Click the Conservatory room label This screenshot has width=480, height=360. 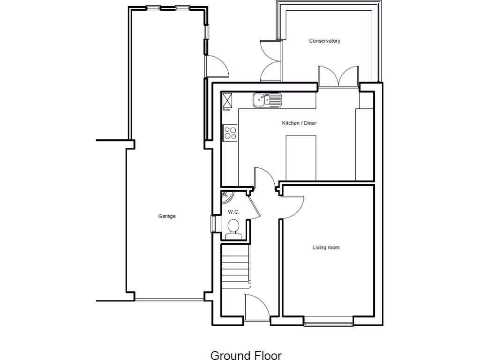pyautogui.click(x=324, y=41)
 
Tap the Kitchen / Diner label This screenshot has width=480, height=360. pyautogui.click(x=299, y=123)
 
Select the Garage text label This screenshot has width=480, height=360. pyautogui.click(x=167, y=217)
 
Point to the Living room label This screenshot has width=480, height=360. pyautogui.click(x=326, y=247)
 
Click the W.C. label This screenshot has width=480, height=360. pyautogui.click(x=233, y=212)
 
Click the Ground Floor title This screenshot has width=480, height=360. pyautogui.click(x=246, y=355)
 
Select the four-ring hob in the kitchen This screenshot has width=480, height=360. pyautogui.click(x=230, y=133)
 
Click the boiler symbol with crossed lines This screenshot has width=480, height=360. pyautogui.click(x=228, y=100)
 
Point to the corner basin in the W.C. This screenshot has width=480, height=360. pyautogui.click(x=227, y=196)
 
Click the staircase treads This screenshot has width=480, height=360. pyautogui.click(x=235, y=267)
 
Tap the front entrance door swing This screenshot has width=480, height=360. pyautogui.click(x=256, y=307)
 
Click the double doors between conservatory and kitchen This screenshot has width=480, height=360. pyautogui.click(x=338, y=76)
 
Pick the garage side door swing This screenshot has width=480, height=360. pyautogui.click(x=217, y=66)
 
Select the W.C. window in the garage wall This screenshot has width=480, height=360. pyautogui.click(x=213, y=224)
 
